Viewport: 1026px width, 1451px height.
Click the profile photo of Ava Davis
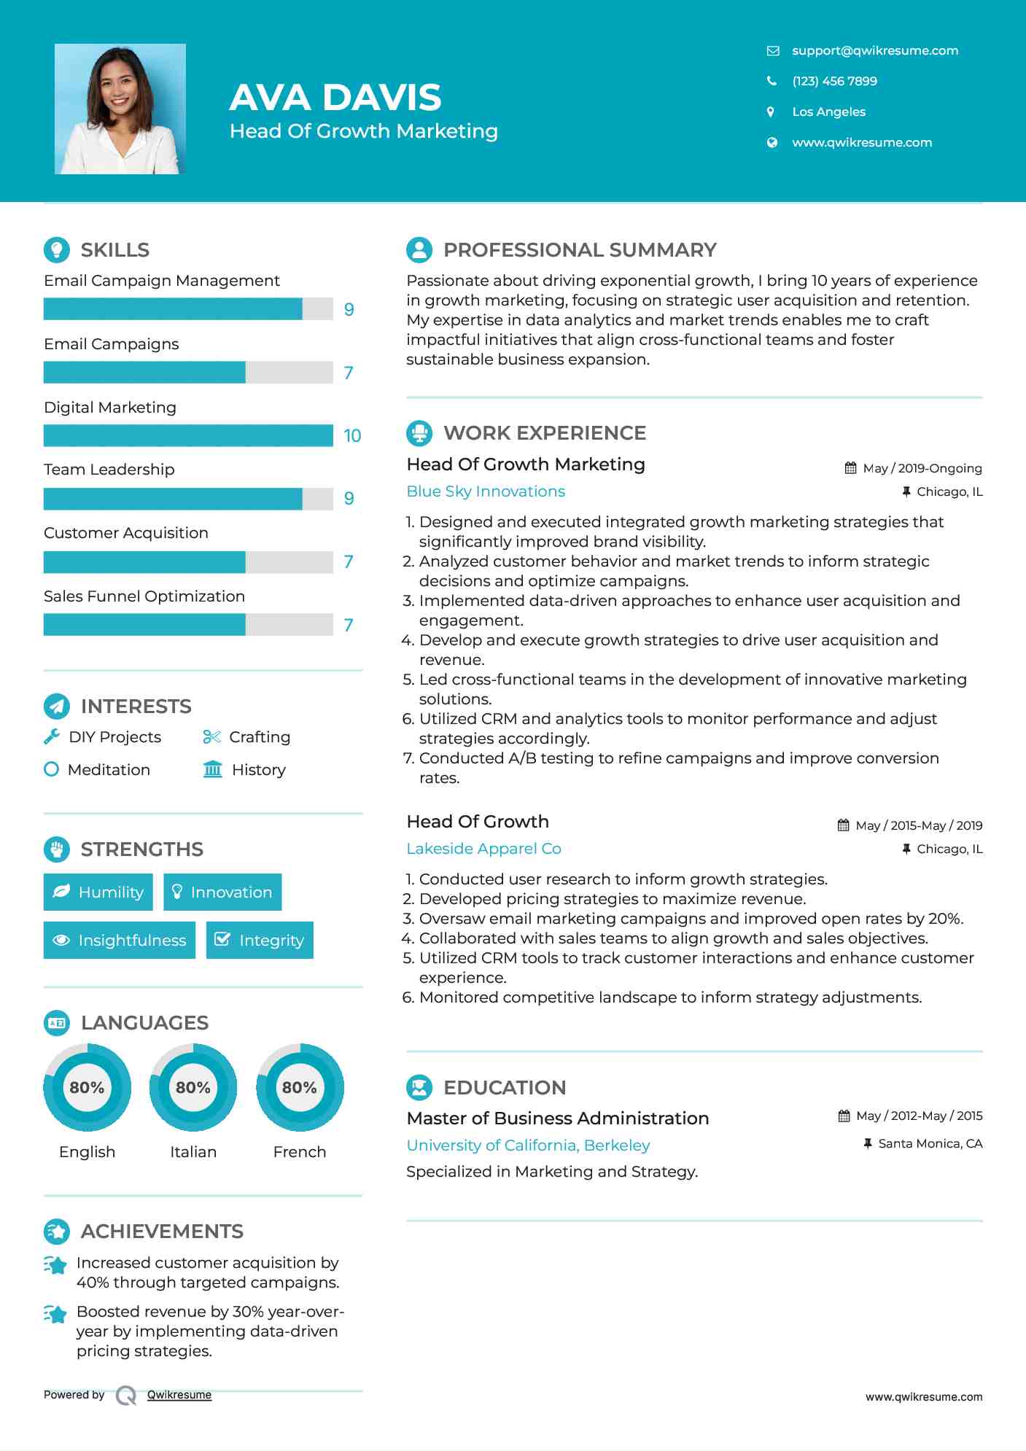coord(120,109)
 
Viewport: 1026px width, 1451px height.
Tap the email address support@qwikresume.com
coord(874,50)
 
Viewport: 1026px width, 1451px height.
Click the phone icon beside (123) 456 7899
coord(772,81)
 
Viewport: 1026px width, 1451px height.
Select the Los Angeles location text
coord(828,112)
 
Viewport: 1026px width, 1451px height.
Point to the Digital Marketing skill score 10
coord(352,436)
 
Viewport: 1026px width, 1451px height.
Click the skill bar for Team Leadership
coord(188,499)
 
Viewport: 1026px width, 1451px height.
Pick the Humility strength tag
coord(98,892)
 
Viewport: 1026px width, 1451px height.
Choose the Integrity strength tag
coord(260,940)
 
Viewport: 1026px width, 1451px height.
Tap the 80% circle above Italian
coord(193,1087)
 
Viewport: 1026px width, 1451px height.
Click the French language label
coord(299,1151)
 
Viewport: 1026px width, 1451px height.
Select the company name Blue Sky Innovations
coord(486,491)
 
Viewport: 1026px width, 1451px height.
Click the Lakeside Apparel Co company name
coord(483,849)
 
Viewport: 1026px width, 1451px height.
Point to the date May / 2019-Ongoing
coord(922,468)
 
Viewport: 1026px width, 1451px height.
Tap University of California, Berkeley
coord(528,1145)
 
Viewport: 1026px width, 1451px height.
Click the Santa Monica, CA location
coord(930,1143)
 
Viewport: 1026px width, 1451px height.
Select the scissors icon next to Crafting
coord(211,737)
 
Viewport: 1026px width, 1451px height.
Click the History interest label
coord(258,770)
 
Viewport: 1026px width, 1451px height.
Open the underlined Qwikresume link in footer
coord(179,1395)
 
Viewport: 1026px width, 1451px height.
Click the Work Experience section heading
coord(544,433)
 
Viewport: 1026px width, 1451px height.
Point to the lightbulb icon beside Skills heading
coord(57,250)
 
